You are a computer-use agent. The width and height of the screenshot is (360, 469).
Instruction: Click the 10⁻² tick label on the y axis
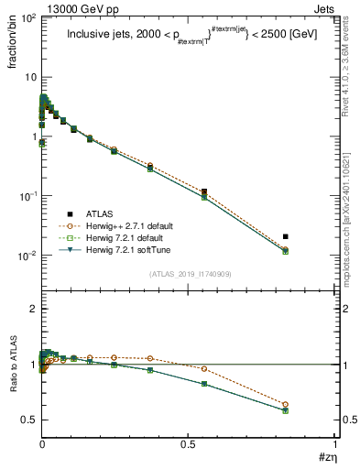27,256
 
